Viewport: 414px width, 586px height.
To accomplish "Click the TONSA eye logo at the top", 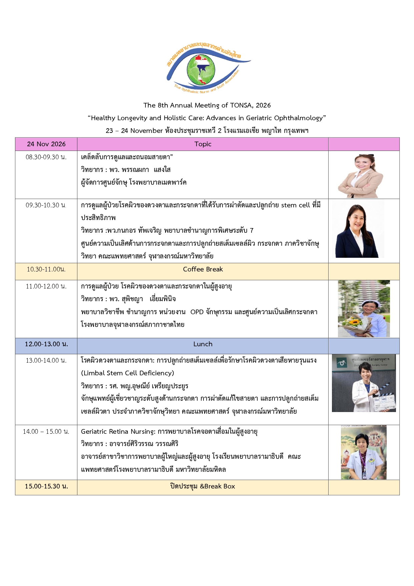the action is point(209,68).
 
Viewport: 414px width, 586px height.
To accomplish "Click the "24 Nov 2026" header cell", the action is point(46,144).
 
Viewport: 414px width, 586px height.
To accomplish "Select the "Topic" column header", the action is point(203,144).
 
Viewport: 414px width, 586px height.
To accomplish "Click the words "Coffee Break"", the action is point(203,269).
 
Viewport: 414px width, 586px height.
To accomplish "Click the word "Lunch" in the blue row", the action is point(203,344).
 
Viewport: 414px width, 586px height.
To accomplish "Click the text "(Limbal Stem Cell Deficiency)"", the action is point(127,373).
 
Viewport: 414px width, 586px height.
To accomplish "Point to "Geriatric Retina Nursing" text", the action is point(118,431).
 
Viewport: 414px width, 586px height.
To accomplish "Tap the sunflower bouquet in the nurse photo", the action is point(354,325).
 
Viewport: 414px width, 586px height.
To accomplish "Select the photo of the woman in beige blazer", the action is point(361,176).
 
